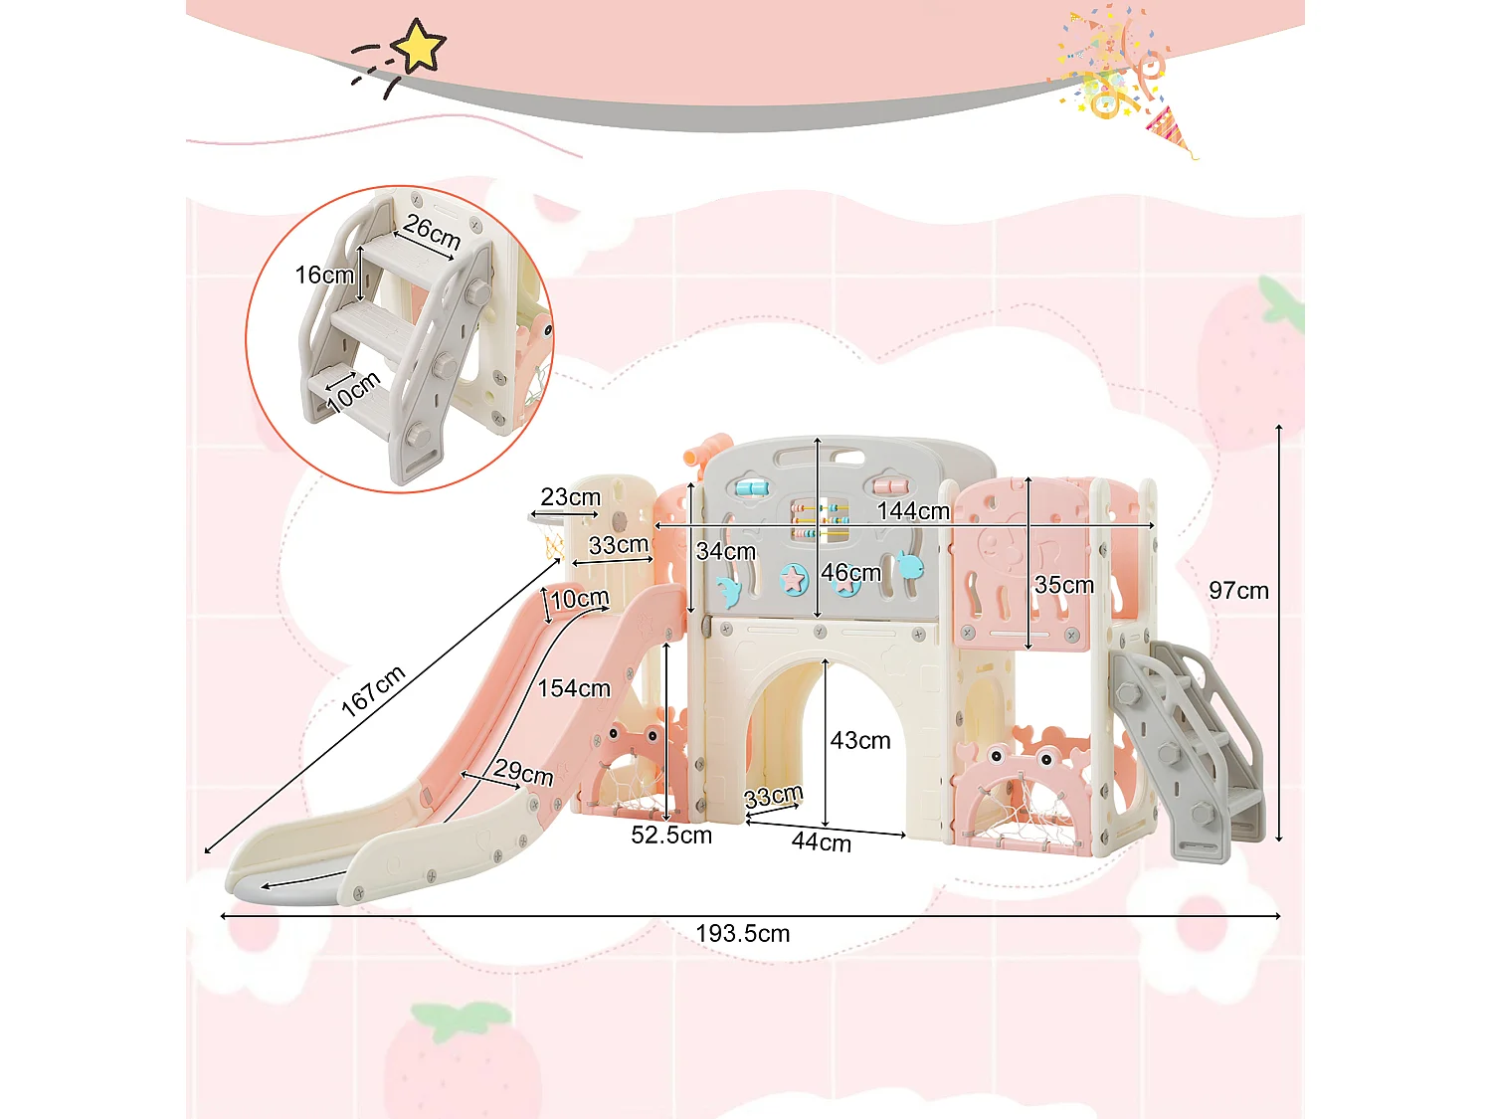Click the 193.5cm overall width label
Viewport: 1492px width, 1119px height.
tap(742, 934)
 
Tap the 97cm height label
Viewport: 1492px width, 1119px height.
tap(1238, 591)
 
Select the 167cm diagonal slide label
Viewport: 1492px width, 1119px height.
tap(373, 690)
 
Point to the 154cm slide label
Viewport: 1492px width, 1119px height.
tap(574, 688)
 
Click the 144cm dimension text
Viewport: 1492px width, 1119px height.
tap(913, 511)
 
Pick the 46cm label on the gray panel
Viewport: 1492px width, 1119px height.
tap(850, 573)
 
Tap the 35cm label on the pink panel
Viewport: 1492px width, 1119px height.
tap(1063, 585)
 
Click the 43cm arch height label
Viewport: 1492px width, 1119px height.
tap(860, 741)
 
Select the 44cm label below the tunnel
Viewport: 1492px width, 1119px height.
tap(821, 842)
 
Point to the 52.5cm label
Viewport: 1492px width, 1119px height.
tap(671, 836)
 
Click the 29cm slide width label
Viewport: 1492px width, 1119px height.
tap(523, 772)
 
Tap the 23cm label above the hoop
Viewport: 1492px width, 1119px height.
tap(570, 496)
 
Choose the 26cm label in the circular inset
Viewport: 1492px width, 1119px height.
tap(432, 232)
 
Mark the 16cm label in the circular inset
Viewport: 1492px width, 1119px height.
tap(324, 275)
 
